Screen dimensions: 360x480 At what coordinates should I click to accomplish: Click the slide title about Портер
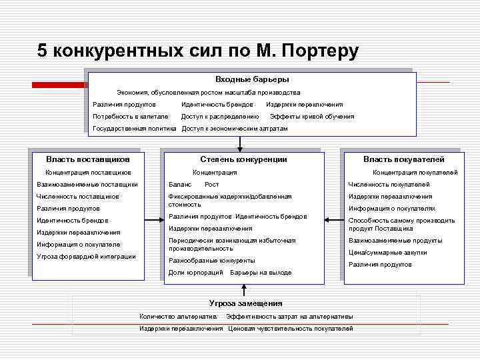pyautogui.click(x=198, y=51)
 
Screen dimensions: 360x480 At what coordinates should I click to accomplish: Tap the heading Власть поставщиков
pyautogui.click(x=87, y=159)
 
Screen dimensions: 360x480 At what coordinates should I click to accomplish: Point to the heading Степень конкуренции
pyautogui.click(x=243, y=159)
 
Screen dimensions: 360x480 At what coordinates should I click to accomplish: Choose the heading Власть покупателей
pyautogui.click(x=403, y=159)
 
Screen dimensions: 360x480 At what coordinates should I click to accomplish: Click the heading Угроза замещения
pyautogui.click(x=245, y=303)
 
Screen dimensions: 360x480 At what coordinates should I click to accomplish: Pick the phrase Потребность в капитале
pyautogui.click(x=131, y=117)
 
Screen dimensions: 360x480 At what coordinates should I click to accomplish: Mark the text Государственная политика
pyautogui.click(x=134, y=129)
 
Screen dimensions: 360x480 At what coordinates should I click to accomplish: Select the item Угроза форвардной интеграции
pyautogui.click(x=86, y=257)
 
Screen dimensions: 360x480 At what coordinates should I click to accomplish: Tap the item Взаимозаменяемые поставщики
pyautogui.click(x=87, y=185)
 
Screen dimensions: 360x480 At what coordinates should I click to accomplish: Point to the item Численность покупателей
pyautogui.click(x=389, y=185)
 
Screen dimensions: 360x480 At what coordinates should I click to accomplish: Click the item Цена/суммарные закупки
pyautogui.click(x=387, y=253)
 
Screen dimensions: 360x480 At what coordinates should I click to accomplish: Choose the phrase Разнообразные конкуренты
pyautogui.click(x=212, y=261)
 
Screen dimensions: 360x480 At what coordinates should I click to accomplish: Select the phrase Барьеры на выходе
pyautogui.click(x=261, y=273)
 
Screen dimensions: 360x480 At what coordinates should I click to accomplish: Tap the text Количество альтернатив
pyautogui.click(x=178, y=316)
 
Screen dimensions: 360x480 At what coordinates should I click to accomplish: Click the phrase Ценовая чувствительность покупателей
pyautogui.click(x=290, y=329)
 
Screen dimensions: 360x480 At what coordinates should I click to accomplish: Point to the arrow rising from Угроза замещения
pyautogui.click(x=244, y=289)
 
